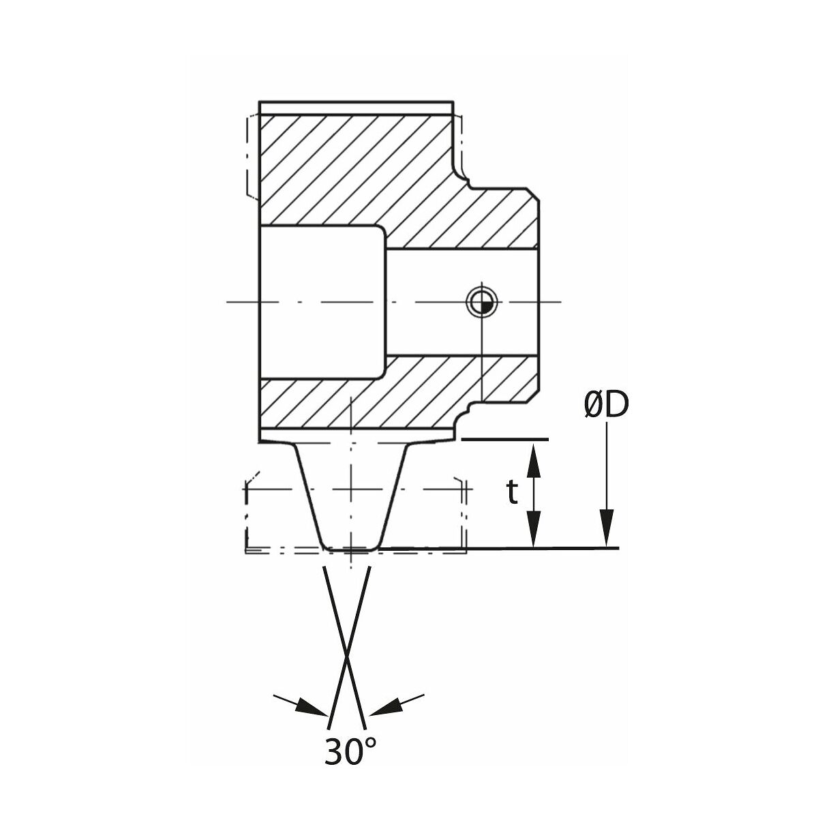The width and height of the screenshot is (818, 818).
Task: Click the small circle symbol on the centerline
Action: pos(481,302)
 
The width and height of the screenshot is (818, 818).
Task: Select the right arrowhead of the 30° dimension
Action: pos(386,706)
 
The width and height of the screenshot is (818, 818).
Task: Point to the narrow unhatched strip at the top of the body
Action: pos(356,108)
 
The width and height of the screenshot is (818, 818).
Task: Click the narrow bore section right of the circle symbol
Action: pos(517,302)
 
